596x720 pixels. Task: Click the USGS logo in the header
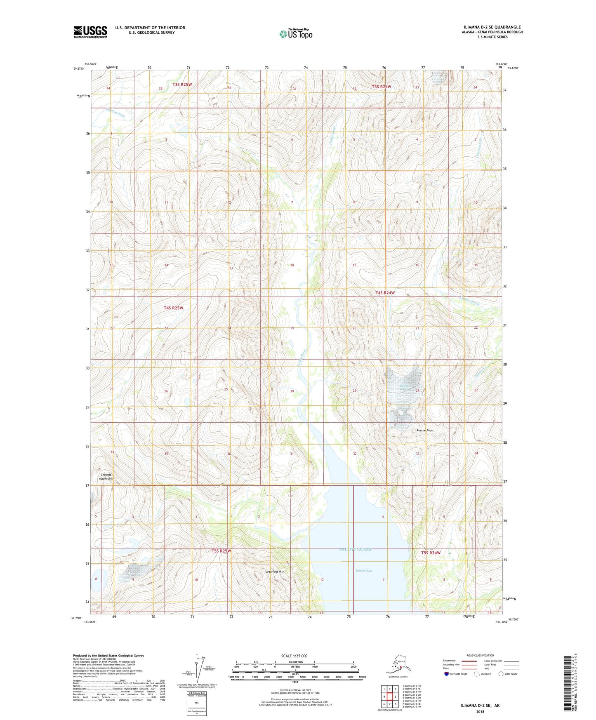(x=90, y=32)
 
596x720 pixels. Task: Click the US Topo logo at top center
(x=296, y=34)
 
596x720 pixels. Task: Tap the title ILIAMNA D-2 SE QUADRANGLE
(x=492, y=27)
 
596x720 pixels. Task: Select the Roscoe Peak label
(x=424, y=431)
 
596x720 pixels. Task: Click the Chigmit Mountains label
(x=106, y=477)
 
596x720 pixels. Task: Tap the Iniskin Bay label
(x=363, y=571)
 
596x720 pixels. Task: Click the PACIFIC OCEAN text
(x=356, y=550)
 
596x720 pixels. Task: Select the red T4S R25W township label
(x=173, y=308)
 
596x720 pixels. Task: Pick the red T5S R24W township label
(x=431, y=553)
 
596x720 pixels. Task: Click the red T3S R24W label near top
(x=381, y=87)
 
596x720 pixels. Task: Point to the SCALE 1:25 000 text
(x=294, y=656)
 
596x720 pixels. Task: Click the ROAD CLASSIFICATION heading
(x=480, y=655)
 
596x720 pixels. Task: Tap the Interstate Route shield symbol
(x=446, y=674)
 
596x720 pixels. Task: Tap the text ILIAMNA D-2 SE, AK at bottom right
(x=480, y=706)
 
